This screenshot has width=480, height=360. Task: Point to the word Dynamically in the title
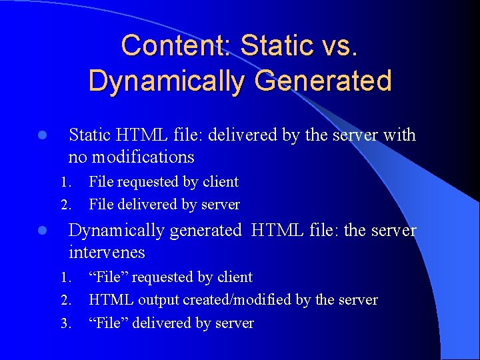click(x=165, y=81)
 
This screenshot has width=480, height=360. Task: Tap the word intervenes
click(x=107, y=253)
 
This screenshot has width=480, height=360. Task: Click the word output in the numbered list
click(x=158, y=300)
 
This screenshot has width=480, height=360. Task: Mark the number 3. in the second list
click(x=65, y=324)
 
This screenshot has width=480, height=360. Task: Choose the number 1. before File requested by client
click(x=65, y=182)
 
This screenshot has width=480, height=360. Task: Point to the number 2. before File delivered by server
click(x=65, y=205)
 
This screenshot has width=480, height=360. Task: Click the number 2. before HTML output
click(x=65, y=301)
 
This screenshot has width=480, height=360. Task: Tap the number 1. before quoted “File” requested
click(x=65, y=277)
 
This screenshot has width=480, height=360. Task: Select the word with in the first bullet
click(x=399, y=135)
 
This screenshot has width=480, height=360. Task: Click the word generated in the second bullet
click(x=205, y=231)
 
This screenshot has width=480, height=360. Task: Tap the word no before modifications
click(x=77, y=157)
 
